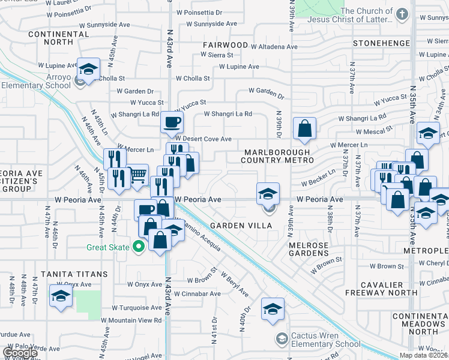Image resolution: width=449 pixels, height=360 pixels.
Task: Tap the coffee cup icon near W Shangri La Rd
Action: point(172,122)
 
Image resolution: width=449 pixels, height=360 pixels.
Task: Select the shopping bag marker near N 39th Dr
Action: point(304,128)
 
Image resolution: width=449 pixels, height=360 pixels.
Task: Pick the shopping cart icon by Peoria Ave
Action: point(138,175)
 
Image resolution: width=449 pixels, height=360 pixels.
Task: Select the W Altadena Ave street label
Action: point(274,46)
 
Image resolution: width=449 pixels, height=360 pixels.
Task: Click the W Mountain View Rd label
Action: point(135,320)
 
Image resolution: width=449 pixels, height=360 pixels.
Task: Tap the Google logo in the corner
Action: point(20,353)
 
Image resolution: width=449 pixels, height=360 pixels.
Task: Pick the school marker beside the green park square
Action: point(61,296)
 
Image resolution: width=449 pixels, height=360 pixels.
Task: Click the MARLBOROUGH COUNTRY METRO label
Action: point(277,156)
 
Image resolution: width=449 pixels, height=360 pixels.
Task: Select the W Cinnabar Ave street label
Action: point(196,294)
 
